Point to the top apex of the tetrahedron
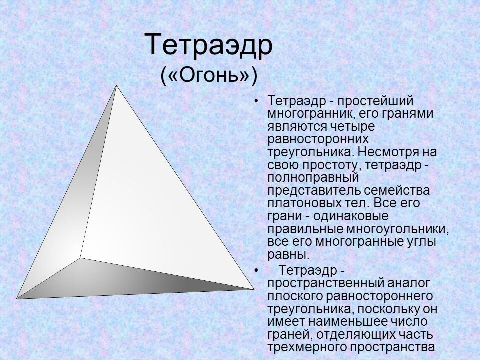point(116,86)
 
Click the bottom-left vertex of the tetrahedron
point(18,298)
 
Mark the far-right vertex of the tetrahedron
point(253,289)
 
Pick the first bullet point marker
point(256,101)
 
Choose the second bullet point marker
point(256,271)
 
